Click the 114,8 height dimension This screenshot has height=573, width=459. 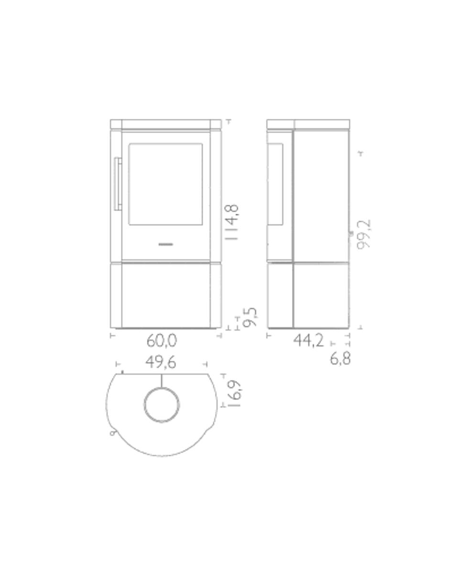pyautogui.click(x=231, y=222)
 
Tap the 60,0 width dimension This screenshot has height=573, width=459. pyautogui.click(x=162, y=340)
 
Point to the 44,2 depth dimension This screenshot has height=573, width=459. pyautogui.click(x=308, y=340)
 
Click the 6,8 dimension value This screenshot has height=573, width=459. pyautogui.click(x=340, y=359)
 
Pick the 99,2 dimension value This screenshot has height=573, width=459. pyautogui.click(x=364, y=234)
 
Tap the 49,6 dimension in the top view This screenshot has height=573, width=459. pyautogui.click(x=161, y=362)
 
